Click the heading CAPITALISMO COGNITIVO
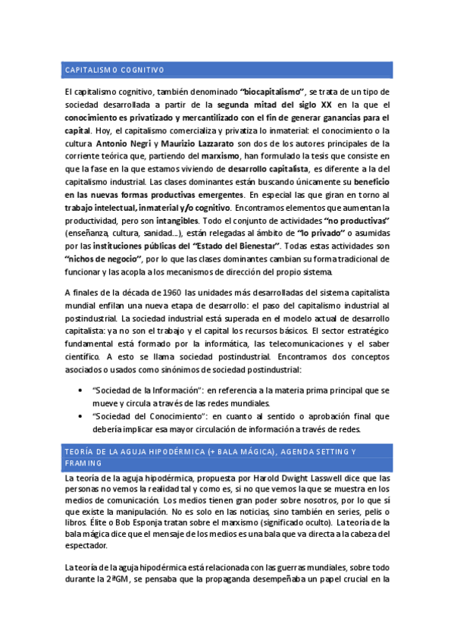coord(114,71)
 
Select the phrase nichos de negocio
coord(98,259)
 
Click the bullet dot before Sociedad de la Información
coord(81,390)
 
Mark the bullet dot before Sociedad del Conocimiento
coord(81,416)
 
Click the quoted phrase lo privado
coord(319,233)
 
